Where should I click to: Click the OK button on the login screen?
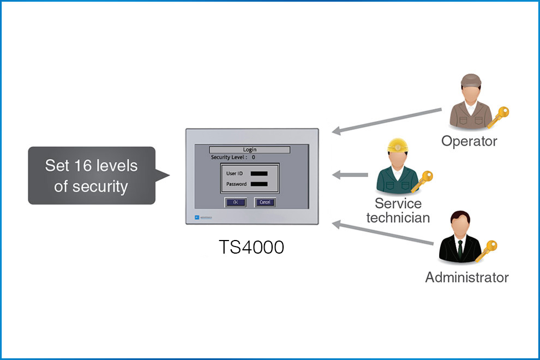236,202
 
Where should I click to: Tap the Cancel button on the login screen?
265,202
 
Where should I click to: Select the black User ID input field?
259,173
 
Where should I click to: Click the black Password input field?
259,184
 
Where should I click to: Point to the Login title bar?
249,149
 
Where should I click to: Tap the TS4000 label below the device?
251,247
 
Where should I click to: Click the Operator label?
469,141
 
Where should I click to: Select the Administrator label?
467,277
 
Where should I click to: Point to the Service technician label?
398,211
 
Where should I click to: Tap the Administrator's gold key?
487,250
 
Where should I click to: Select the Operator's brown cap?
471,81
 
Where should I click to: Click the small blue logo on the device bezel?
197,218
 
